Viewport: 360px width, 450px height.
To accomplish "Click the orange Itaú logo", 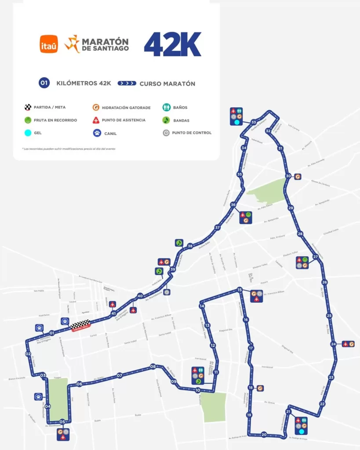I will [49, 44].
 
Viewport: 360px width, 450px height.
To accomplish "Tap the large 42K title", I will [172, 44].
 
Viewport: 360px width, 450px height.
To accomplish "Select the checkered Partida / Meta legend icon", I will [28, 107].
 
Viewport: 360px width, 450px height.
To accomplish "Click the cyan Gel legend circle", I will [28, 133].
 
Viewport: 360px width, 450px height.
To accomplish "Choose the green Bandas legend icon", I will [166, 120].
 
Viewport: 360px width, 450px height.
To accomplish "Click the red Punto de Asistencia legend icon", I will [95, 120].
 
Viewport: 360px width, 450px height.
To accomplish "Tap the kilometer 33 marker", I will [254, 122].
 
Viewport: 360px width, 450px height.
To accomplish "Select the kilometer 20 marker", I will [264, 435].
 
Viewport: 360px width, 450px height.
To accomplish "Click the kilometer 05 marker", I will [62, 422].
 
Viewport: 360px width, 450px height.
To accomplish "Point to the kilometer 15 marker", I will [240, 290].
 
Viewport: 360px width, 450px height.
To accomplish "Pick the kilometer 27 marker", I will [315, 257].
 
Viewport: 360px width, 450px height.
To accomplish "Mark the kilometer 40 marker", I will [140, 296].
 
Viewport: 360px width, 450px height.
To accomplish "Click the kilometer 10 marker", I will [198, 390].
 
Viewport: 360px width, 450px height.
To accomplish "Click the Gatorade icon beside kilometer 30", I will [298, 176].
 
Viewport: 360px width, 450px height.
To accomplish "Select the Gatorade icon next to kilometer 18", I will [260, 388].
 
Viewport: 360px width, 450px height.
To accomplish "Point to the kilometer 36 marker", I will [233, 205].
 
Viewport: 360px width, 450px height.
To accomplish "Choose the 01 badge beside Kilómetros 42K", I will [44, 83].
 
